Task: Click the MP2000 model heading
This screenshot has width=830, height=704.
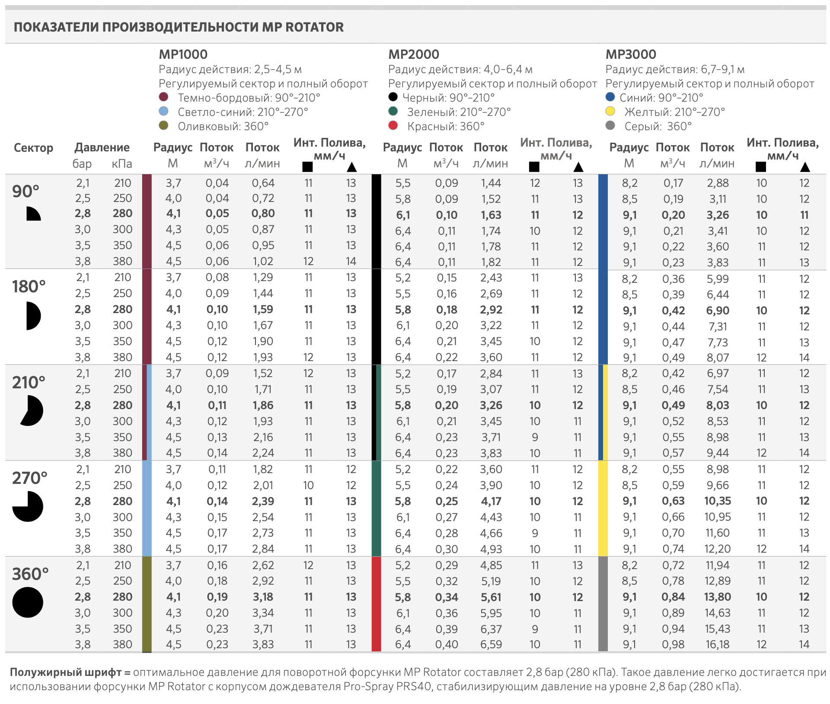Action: tap(414, 54)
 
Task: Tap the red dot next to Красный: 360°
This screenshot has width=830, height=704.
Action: tap(393, 125)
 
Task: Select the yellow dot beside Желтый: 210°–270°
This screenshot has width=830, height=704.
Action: tap(610, 111)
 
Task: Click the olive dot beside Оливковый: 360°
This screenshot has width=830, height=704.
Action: tap(163, 125)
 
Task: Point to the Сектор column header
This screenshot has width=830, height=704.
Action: tap(33, 148)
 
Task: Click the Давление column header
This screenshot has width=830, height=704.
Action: tap(102, 147)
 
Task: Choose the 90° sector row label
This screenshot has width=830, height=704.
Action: tap(26, 191)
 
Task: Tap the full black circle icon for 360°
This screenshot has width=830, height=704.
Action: tap(28, 602)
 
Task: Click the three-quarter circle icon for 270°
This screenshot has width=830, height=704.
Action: tap(28, 506)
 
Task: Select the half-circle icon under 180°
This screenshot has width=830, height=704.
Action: tap(33, 316)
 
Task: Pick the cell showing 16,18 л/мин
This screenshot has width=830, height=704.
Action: tap(717, 644)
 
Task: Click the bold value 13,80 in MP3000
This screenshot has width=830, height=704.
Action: tap(717, 597)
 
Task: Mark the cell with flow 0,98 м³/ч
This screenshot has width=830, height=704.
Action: tap(673, 644)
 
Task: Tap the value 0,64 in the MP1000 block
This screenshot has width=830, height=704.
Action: tap(263, 183)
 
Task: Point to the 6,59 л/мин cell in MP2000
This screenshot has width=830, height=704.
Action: tap(491, 644)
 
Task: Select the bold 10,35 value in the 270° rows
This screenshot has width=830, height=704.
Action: tap(717, 501)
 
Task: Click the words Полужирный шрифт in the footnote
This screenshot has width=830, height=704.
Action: tap(65, 672)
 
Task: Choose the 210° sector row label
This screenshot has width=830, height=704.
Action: tap(29, 382)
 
